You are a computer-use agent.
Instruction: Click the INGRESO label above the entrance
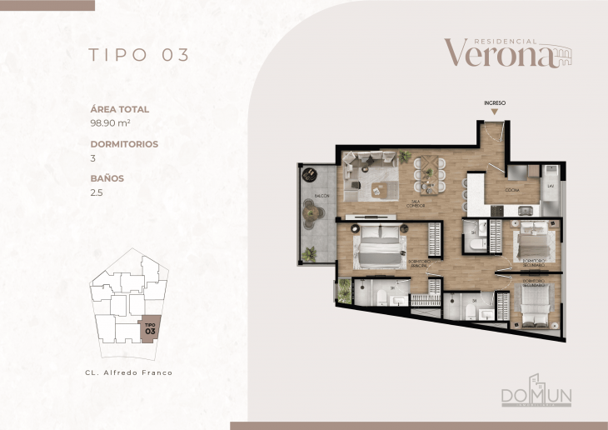(x=495, y=102)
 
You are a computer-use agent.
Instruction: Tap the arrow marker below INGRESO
(x=495, y=112)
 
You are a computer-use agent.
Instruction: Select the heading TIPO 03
(x=139, y=55)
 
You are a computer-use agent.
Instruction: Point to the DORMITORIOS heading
(x=124, y=143)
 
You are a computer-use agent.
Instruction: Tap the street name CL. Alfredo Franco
(x=129, y=372)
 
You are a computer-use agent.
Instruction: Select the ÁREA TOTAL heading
(x=120, y=108)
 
